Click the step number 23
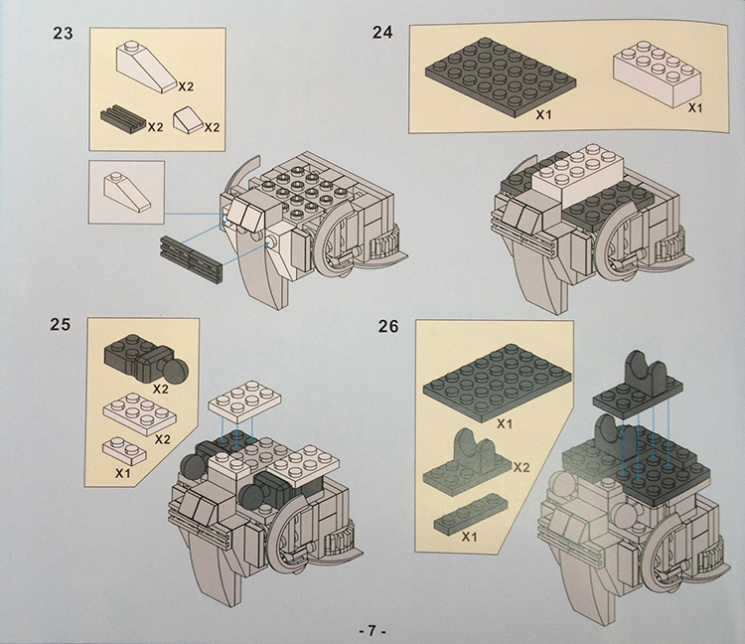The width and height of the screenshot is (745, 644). click(63, 34)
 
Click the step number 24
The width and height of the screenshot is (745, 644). click(381, 32)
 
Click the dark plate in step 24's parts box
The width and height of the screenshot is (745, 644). click(493, 75)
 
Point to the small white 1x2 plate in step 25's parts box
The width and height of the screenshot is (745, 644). click(125, 449)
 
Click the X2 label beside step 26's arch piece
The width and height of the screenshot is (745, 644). click(522, 466)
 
